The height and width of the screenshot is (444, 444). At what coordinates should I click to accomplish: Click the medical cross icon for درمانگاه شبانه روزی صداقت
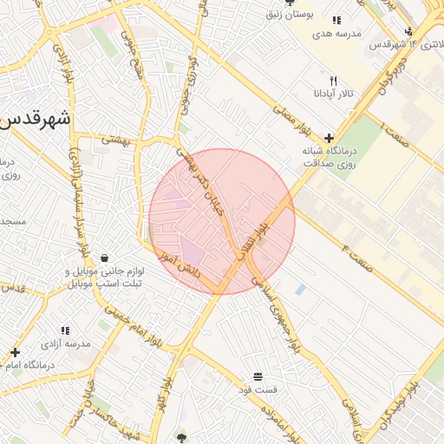[x=329, y=138]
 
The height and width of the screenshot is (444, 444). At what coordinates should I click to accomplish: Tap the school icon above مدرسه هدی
[x=336, y=19]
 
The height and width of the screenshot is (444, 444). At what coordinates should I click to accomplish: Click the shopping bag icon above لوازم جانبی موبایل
[x=105, y=258]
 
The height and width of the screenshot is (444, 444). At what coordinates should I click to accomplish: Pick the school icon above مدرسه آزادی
[x=65, y=330]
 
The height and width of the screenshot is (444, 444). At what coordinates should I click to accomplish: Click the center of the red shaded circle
[x=222, y=221]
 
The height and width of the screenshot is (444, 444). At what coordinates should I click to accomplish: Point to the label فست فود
[x=258, y=389]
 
